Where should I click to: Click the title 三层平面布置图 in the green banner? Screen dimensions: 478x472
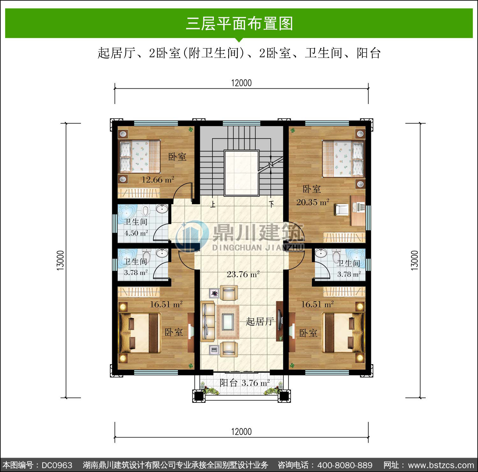[x=239, y=24]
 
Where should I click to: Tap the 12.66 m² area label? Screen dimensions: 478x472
[x=158, y=180]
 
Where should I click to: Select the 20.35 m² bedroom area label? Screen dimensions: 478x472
[x=313, y=202]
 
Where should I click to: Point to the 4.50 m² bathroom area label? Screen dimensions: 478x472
[x=136, y=233]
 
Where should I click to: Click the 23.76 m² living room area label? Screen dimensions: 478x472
[x=243, y=274]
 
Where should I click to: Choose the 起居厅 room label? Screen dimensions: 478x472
[x=260, y=321]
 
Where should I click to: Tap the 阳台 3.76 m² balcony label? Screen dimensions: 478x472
[x=245, y=383]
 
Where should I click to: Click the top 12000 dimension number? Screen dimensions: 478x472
[x=241, y=83]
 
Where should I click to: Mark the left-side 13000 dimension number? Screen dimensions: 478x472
[x=61, y=261]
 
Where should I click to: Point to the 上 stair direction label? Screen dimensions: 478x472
[x=213, y=204]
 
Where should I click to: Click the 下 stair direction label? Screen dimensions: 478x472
[x=271, y=204]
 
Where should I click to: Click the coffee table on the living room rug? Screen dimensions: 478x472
[x=228, y=322]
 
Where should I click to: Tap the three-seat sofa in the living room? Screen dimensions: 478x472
[x=207, y=321]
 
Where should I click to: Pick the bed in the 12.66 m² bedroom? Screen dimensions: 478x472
[x=140, y=156]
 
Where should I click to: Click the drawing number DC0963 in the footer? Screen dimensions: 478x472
[x=57, y=465]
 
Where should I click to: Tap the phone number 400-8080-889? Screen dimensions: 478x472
[x=345, y=465]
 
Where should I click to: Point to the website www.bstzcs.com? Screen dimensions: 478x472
[x=441, y=465]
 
